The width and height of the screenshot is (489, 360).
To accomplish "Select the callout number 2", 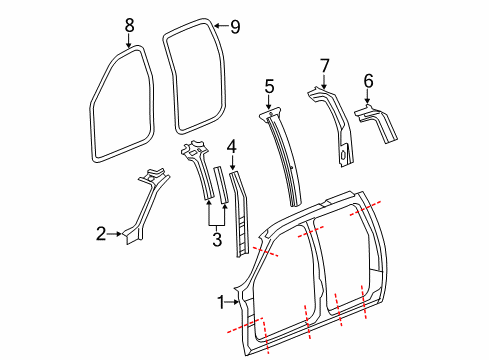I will (x=101, y=235).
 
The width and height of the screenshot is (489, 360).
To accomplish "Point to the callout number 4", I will (x=231, y=147).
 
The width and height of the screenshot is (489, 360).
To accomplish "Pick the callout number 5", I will (x=268, y=87).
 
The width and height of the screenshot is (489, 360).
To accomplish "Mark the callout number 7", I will (x=324, y=65).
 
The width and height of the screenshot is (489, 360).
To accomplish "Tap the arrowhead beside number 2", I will (x=122, y=235).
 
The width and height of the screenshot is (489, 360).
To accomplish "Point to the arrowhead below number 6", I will (x=369, y=99).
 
